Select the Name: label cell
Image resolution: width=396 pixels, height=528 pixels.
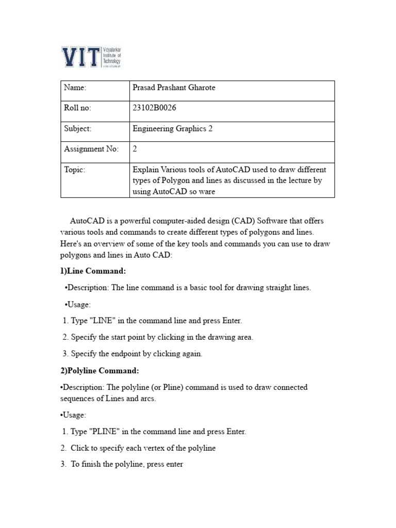click(x=75, y=88)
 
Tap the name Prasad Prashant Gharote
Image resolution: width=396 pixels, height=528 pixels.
click(x=174, y=88)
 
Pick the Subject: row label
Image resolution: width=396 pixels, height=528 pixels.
click(x=78, y=128)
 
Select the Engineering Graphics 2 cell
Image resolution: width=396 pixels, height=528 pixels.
click(x=173, y=128)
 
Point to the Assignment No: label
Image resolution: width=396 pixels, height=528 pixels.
click(x=91, y=149)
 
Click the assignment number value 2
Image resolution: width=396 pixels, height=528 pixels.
click(x=135, y=149)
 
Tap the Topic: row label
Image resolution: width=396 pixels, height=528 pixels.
click(x=75, y=170)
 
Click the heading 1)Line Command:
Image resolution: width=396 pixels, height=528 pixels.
click(x=93, y=271)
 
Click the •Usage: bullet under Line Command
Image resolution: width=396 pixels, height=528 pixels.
click(x=78, y=304)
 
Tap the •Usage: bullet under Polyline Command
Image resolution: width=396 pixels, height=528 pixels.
click(x=73, y=415)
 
